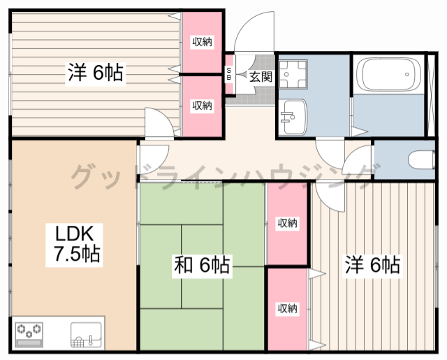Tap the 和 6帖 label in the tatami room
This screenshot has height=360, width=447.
(x=202, y=265)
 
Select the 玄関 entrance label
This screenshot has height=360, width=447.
(x=259, y=75)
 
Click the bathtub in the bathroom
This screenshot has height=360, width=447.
(x=386, y=75)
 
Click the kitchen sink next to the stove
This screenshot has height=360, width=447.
(x=87, y=333)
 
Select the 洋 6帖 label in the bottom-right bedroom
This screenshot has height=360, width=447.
(x=372, y=265)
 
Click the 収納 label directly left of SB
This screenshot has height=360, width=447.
(x=203, y=105)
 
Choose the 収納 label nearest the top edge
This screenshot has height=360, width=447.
(x=203, y=42)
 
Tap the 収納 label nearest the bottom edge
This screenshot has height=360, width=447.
(x=287, y=308)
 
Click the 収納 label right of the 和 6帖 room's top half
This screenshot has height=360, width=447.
(x=287, y=224)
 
